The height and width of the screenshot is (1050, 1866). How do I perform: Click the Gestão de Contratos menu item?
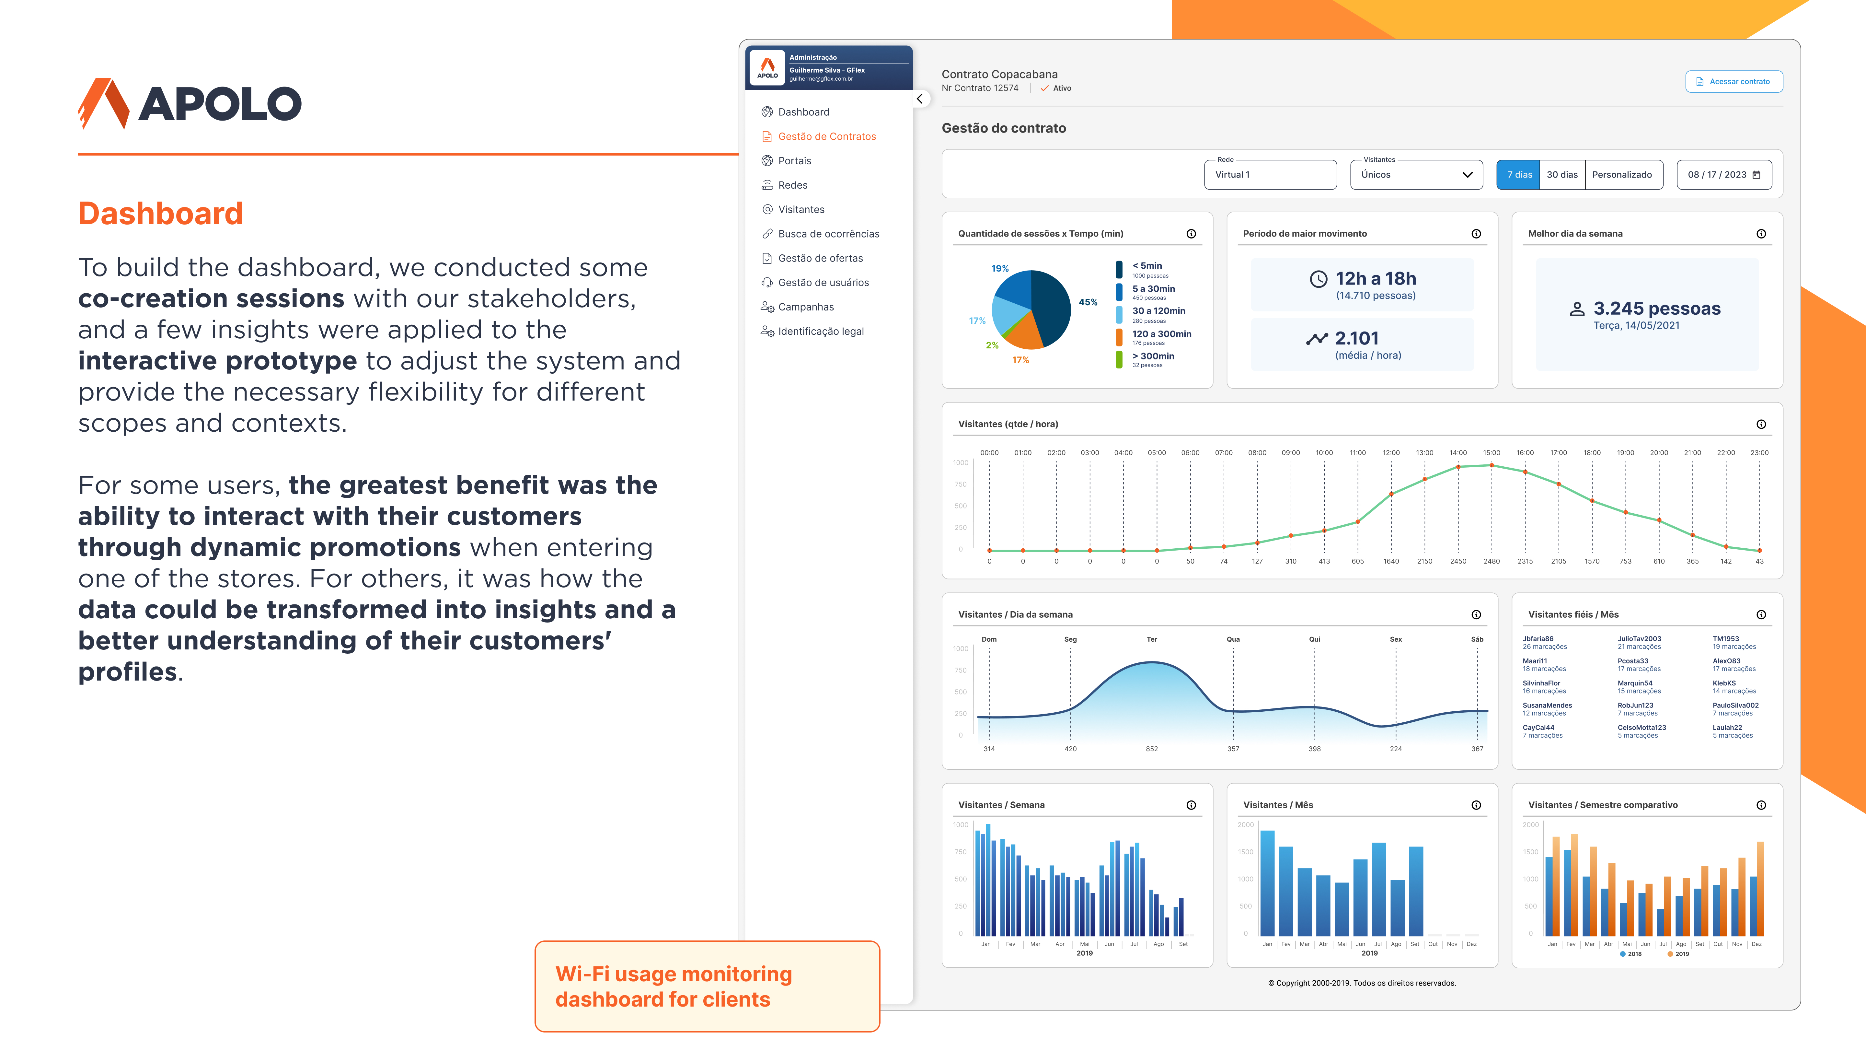pyautogui.click(x=826, y=136)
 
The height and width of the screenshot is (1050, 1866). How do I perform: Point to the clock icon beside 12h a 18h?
pyautogui.click(x=1319, y=279)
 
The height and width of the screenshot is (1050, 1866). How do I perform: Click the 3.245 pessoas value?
pyautogui.click(x=1657, y=309)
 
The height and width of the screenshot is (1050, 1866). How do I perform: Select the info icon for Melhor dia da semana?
pyautogui.click(x=1761, y=234)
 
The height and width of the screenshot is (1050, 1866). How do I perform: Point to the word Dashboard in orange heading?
pyautogui.click(x=160, y=214)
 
